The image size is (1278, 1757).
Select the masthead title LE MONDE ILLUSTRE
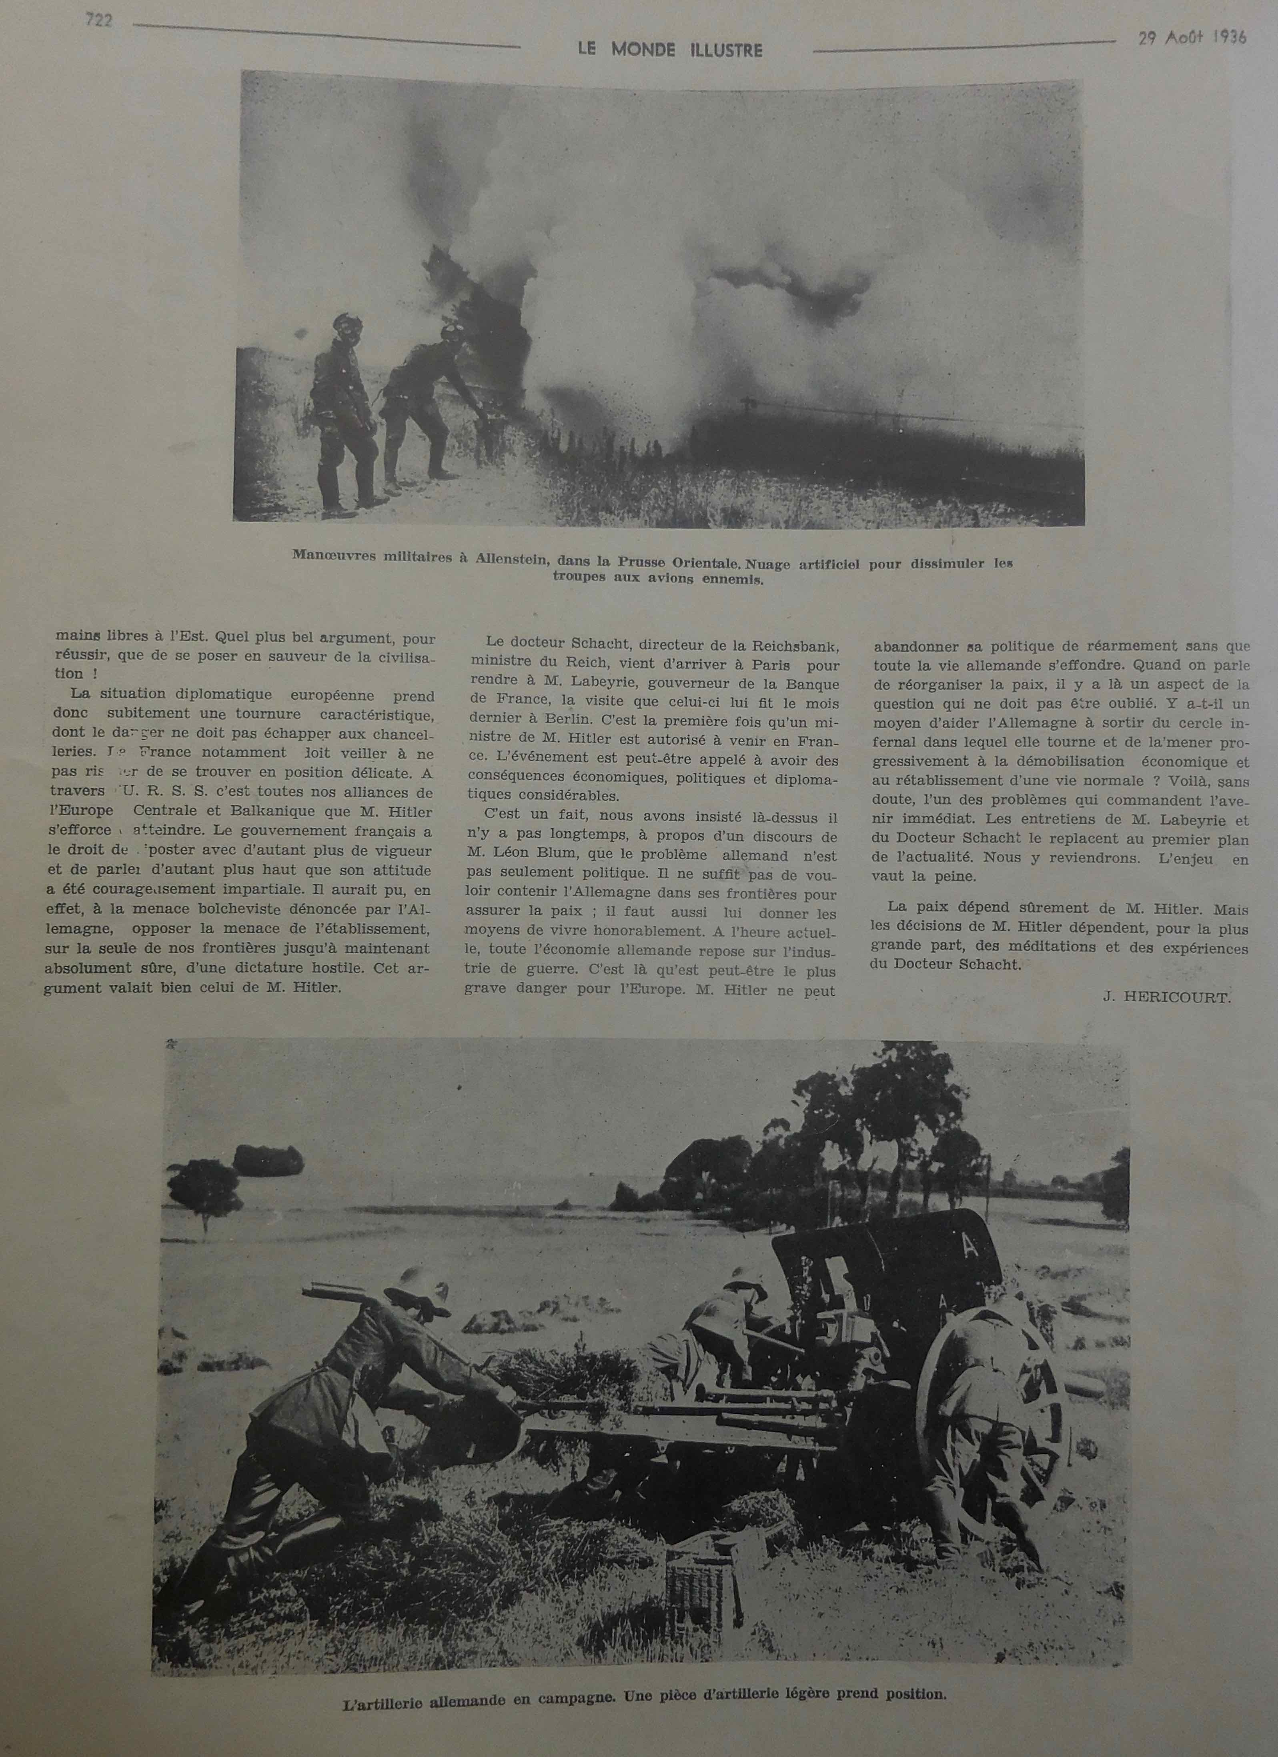click(x=670, y=50)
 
